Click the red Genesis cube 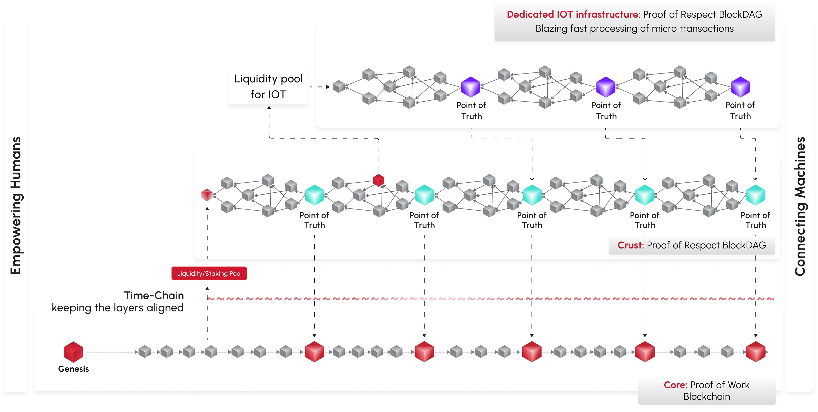(x=73, y=352)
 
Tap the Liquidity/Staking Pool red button (x=209, y=274)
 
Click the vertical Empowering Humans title (x=16, y=206)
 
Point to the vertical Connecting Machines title (x=800, y=206)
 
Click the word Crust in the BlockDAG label (x=630, y=245)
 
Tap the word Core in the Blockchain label (x=675, y=385)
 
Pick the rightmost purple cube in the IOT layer (x=740, y=87)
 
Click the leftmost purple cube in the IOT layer (x=470, y=87)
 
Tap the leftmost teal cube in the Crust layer (x=314, y=195)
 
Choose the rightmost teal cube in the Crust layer (x=755, y=195)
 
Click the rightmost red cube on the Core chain (x=755, y=352)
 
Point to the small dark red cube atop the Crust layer (x=379, y=180)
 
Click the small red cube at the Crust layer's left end (x=207, y=195)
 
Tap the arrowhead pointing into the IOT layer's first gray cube (x=328, y=87)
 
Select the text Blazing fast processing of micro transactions (x=634, y=29)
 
